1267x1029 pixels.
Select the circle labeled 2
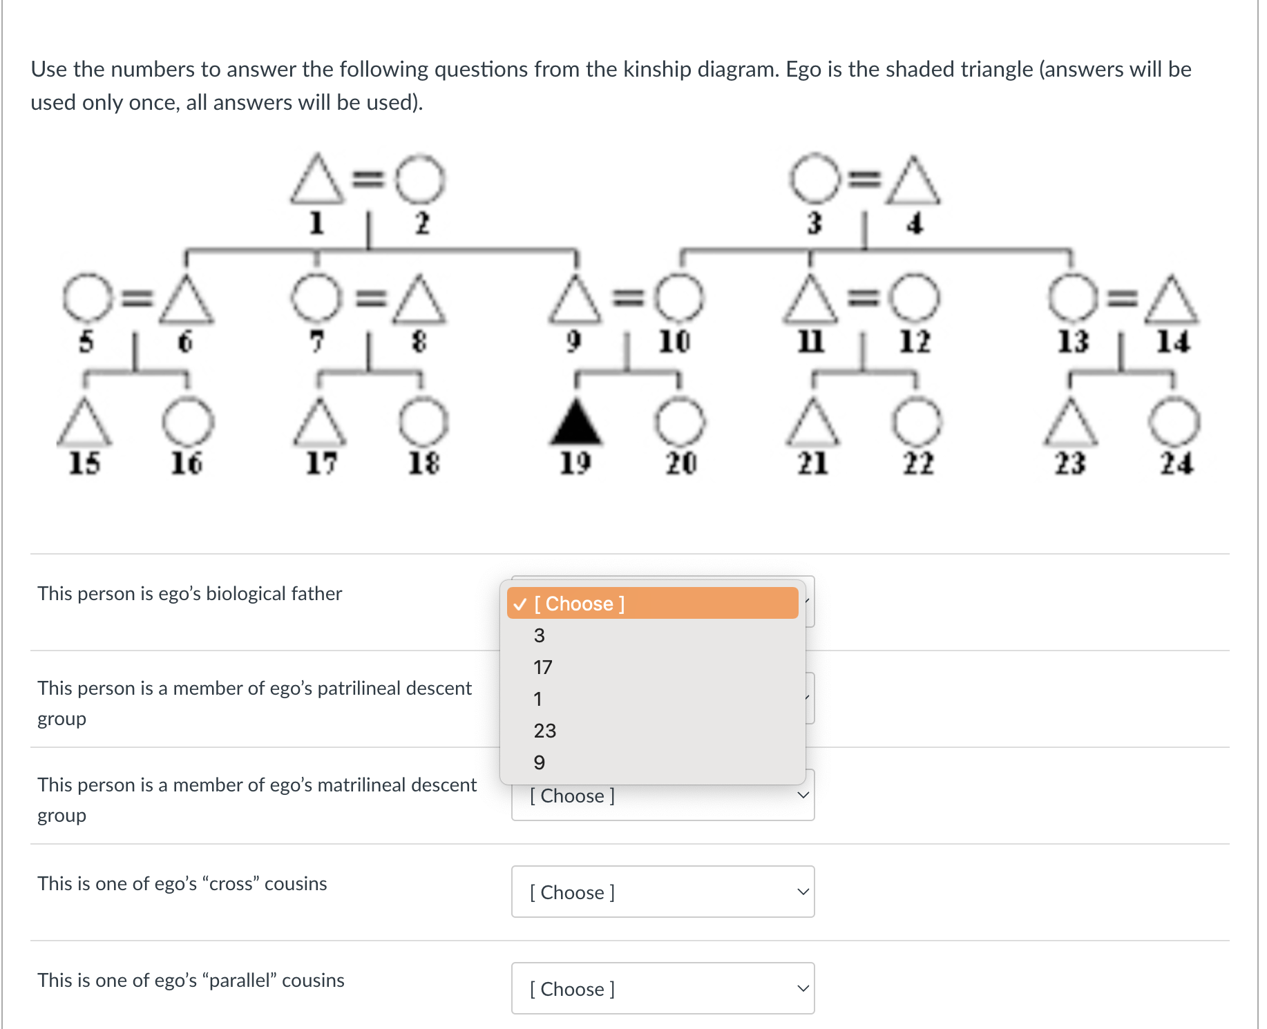pos(420,179)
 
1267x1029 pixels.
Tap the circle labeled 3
pos(815,178)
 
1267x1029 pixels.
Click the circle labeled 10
pos(679,299)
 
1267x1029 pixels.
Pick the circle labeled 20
pos(680,422)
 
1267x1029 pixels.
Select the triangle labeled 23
pos(1070,423)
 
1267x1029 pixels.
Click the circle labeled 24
pos(1174,422)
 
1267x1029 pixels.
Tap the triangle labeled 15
pos(84,423)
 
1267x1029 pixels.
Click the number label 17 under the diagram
pos(321,463)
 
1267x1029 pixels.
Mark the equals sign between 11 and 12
pos(862,298)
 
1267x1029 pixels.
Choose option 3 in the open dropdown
pos(540,635)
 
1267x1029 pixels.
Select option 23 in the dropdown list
pos(544,731)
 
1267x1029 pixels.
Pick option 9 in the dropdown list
pos(540,762)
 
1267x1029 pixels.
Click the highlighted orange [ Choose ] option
pos(652,604)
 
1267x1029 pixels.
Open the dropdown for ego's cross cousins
pos(663,892)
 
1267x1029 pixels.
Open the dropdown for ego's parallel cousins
pos(663,988)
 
